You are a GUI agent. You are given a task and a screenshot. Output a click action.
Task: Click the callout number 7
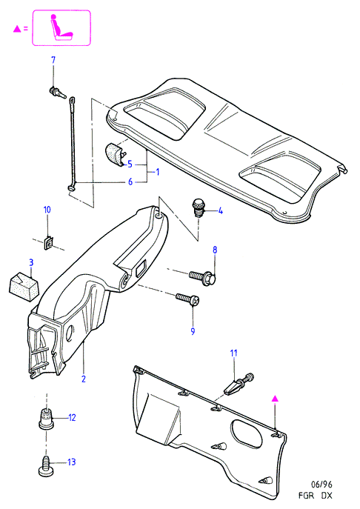pyautogui.click(x=53, y=60)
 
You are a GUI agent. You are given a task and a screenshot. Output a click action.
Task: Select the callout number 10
pyautogui.click(x=47, y=210)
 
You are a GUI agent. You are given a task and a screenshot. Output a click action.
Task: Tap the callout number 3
pyautogui.click(x=31, y=262)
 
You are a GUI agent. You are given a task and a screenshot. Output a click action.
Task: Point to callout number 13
pyautogui.click(x=71, y=462)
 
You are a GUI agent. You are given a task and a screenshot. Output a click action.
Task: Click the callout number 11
pyautogui.click(x=234, y=353)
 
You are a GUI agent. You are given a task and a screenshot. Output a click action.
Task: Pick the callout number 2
pyautogui.click(x=84, y=379)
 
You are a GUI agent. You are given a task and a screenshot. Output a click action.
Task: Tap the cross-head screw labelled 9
pyautogui.click(x=187, y=299)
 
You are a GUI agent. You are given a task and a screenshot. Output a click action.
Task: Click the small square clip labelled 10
pyautogui.click(x=49, y=242)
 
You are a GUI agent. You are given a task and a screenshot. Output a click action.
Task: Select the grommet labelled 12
pyautogui.click(x=46, y=419)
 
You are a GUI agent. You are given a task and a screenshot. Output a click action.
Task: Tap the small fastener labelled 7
pyautogui.click(x=57, y=92)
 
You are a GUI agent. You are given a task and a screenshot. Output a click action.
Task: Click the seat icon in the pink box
pyautogui.click(x=61, y=27)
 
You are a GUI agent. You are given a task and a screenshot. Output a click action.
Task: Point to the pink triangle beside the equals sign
pyautogui.click(x=17, y=29)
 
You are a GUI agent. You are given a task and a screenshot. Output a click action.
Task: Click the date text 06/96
pyautogui.click(x=321, y=485)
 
